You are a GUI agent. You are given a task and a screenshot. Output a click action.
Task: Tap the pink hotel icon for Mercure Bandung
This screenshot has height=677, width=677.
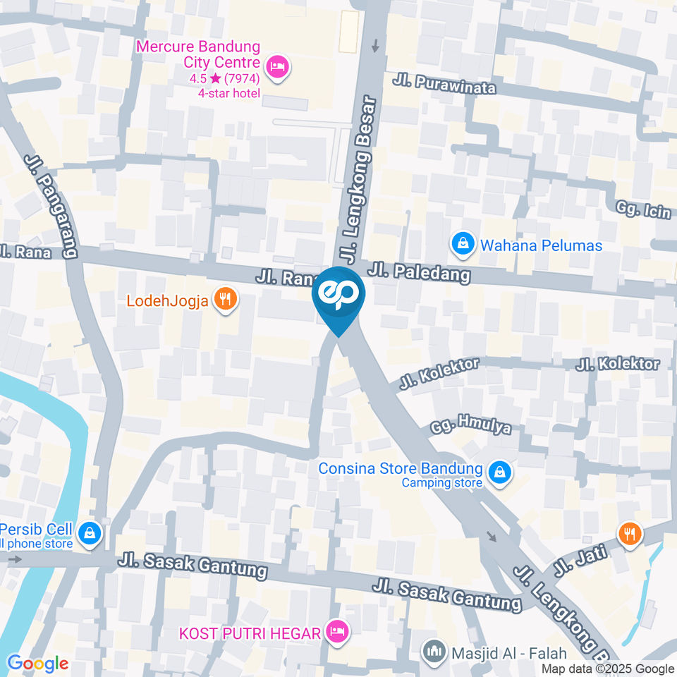(279, 68)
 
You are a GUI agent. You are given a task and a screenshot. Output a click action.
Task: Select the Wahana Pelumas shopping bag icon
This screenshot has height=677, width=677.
(462, 245)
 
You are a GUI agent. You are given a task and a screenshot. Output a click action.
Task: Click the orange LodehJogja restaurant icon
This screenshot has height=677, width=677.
(226, 300)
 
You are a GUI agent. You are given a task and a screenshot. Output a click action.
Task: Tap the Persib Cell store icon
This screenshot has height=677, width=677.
(90, 533)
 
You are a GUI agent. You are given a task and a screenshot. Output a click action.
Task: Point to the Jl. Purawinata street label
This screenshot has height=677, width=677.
(444, 86)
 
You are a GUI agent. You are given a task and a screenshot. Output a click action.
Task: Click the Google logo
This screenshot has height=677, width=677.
(37, 663)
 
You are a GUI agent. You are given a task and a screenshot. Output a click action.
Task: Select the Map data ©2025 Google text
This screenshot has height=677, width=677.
(608, 669)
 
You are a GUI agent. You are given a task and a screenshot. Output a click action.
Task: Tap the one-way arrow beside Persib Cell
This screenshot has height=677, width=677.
(16, 559)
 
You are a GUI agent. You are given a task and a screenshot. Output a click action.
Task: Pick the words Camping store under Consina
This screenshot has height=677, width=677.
(442, 483)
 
